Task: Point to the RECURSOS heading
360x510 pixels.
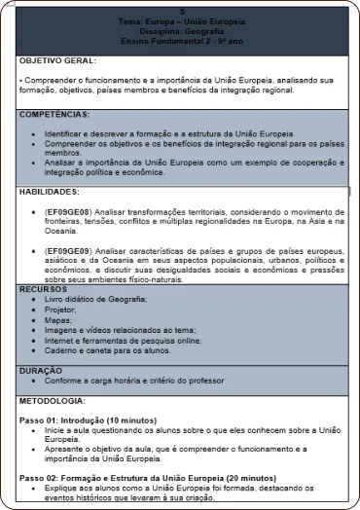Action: pos(45,289)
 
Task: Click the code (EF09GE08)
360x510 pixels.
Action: pos(68,210)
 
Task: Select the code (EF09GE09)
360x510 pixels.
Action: pos(68,250)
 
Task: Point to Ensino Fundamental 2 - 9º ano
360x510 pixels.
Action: pos(181,42)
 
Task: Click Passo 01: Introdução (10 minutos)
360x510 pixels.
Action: pos(88,419)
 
